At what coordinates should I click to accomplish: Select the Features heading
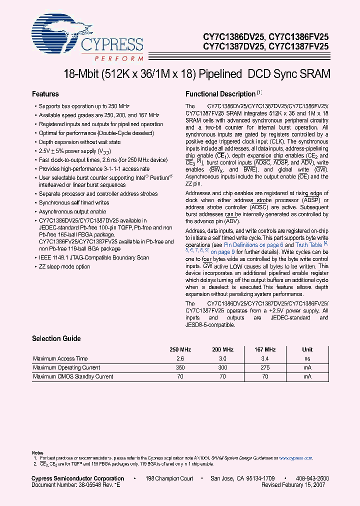(45, 94)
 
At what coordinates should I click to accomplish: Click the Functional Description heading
(220, 94)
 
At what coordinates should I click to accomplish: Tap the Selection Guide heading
(56, 338)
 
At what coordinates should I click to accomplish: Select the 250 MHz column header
(180, 350)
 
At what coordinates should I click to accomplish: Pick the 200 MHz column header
(222, 350)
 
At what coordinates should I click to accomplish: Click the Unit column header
(307, 350)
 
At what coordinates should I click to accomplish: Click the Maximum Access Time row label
(60, 358)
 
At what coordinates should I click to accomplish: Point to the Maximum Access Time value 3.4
(265, 359)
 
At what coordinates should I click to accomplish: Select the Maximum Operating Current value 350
(180, 367)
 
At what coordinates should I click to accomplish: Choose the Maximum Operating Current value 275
(265, 367)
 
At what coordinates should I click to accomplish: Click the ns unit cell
(307, 359)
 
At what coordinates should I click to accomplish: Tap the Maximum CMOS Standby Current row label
(73, 376)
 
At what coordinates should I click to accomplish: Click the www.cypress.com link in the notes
(295, 457)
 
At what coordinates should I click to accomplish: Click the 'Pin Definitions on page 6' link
(253, 245)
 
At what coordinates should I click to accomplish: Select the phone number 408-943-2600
(311, 478)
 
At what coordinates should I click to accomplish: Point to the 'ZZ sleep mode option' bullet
(64, 266)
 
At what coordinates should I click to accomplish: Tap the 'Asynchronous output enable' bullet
(73, 212)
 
